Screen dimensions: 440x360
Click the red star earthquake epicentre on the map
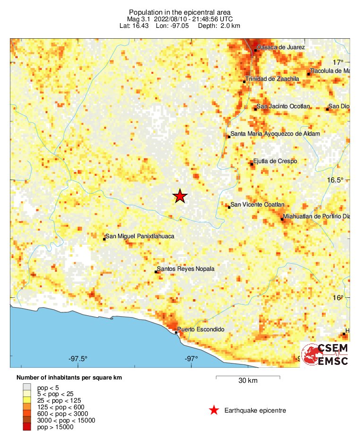(180, 196)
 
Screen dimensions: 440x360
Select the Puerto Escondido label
(200, 329)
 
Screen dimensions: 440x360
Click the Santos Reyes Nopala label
(185, 269)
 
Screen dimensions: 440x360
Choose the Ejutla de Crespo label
(275, 161)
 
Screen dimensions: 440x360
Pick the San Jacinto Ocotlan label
(283, 106)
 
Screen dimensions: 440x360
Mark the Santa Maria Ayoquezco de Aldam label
(275, 134)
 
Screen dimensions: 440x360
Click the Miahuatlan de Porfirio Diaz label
(317, 216)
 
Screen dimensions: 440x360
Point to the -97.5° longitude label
(78, 358)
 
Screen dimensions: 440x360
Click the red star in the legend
(214, 410)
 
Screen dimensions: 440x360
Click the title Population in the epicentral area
(180, 12)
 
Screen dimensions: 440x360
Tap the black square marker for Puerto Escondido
(176, 332)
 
